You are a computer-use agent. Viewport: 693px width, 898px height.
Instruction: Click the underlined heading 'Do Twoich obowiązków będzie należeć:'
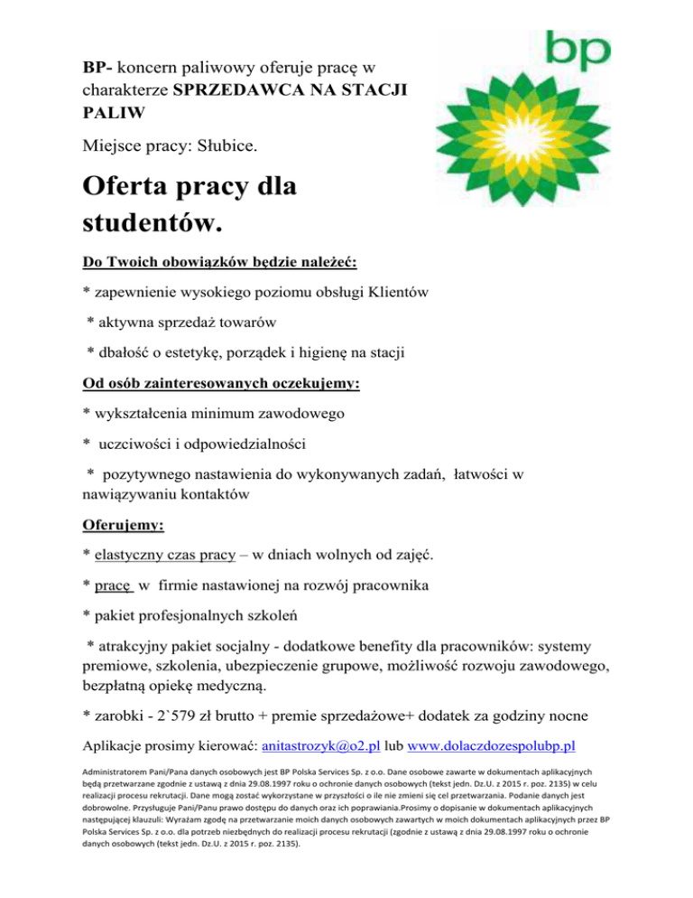pyautogui.click(x=220, y=262)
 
